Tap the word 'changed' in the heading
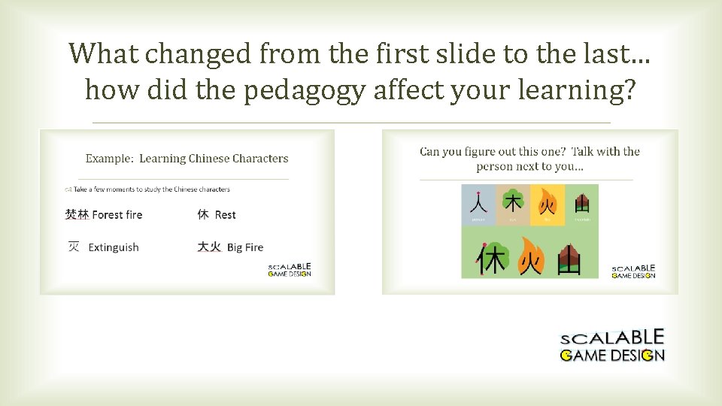(179, 53)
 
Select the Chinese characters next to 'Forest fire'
(77, 214)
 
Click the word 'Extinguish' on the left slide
(114, 247)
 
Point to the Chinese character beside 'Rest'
(203, 214)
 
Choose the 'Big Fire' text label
(245, 247)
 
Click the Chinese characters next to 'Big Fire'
(209, 247)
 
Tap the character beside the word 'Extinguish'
(74, 247)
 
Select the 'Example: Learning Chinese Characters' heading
(187, 159)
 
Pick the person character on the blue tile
(478, 203)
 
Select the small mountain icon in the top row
(581, 203)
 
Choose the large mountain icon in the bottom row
(569, 259)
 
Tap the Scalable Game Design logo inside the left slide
(290, 270)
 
